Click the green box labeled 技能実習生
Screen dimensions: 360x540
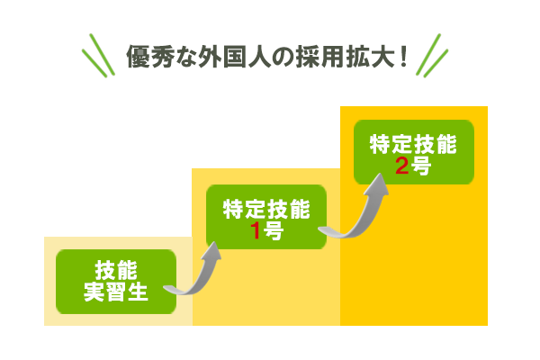click(115, 282)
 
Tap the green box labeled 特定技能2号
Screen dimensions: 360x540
click(414, 153)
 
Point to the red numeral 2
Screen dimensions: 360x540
click(402, 165)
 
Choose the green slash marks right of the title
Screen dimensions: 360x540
click(432, 56)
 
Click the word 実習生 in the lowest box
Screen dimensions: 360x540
click(115, 292)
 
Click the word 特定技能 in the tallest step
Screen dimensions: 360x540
click(414, 143)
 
